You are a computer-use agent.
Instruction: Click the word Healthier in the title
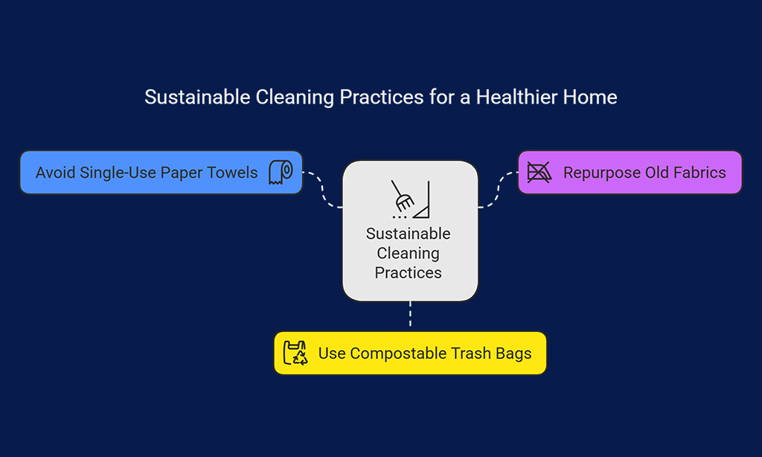pos(516,98)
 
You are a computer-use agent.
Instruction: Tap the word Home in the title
pos(590,98)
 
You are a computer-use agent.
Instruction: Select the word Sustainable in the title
pos(197,98)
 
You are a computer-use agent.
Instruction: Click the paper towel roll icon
pos(281,173)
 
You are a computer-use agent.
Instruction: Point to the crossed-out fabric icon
pos(540,173)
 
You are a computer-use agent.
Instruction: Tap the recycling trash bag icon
pos(295,353)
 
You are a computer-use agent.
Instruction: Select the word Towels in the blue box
pos(232,173)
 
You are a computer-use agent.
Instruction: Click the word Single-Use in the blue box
pos(118,173)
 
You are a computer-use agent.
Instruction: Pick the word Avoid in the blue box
pos(55,173)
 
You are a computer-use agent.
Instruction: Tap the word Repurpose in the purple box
pos(601,173)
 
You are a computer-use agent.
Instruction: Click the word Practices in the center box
pos(409,272)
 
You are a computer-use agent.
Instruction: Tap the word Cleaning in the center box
pos(409,253)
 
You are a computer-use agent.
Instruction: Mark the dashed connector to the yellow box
pos(411,314)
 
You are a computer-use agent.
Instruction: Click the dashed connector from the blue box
pos(322,190)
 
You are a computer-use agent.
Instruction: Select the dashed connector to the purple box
pos(498,190)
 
